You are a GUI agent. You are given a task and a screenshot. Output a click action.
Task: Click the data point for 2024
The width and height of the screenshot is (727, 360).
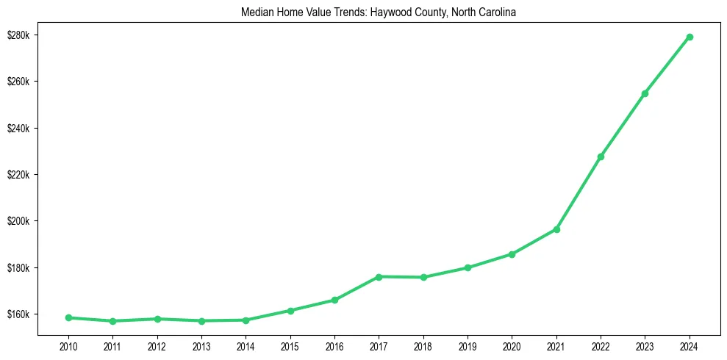(690, 37)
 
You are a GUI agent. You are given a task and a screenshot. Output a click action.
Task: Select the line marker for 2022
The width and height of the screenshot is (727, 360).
(601, 156)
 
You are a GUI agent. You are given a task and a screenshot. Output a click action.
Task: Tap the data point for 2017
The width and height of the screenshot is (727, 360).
(379, 277)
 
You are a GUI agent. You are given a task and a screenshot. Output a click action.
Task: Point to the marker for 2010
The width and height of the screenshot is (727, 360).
(68, 317)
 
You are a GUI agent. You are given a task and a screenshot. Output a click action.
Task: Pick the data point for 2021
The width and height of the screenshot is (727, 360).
(556, 229)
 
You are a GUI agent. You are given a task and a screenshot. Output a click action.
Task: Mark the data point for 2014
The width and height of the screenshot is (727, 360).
(246, 320)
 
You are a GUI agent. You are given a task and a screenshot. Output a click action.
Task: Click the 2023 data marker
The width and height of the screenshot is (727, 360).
(645, 93)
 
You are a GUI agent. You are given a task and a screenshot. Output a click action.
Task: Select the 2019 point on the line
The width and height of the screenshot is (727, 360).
(468, 267)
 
